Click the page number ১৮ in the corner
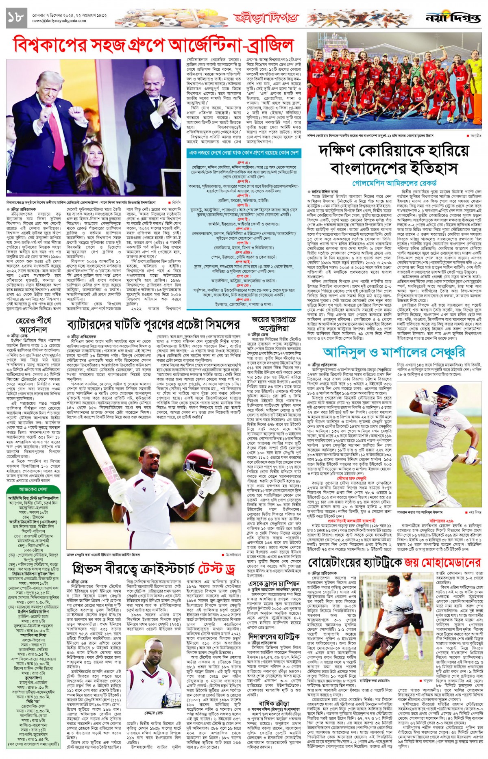point(16,17)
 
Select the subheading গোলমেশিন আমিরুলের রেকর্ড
point(394,183)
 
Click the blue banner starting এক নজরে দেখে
point(244,153)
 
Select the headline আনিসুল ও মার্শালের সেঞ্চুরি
point(394,352)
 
